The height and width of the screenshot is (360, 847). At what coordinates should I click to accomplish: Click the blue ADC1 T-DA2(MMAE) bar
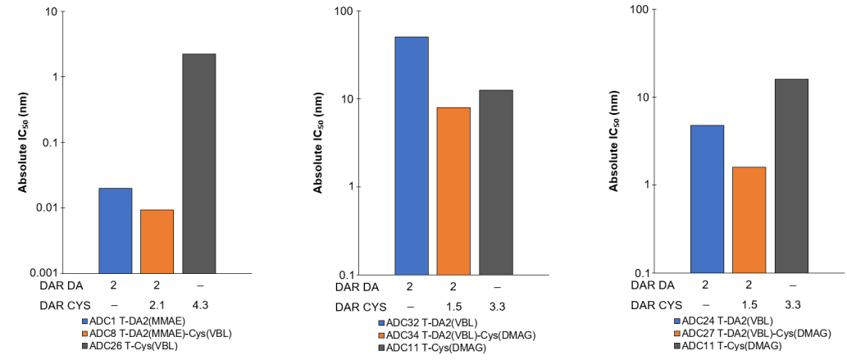tap(115, 230)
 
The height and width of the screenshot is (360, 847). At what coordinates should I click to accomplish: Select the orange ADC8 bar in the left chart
tap(157, 241)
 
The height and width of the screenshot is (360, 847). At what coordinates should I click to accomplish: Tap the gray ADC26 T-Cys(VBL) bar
tap(198, 163)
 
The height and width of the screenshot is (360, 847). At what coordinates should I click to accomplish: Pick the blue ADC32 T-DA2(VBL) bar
tap(412, 156)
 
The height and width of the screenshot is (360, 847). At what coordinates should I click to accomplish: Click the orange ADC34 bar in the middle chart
tap(453, 191)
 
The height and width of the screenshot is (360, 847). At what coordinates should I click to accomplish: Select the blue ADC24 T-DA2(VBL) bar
tap(707, 199)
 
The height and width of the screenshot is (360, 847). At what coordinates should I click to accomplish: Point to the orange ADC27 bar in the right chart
tap(749, 220)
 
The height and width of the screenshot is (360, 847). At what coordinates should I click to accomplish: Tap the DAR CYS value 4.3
tap(198, 305)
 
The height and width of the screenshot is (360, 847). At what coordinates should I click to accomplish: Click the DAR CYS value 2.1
tap(157, 305)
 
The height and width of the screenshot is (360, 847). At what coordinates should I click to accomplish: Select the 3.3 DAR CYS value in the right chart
tap(790, 304)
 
